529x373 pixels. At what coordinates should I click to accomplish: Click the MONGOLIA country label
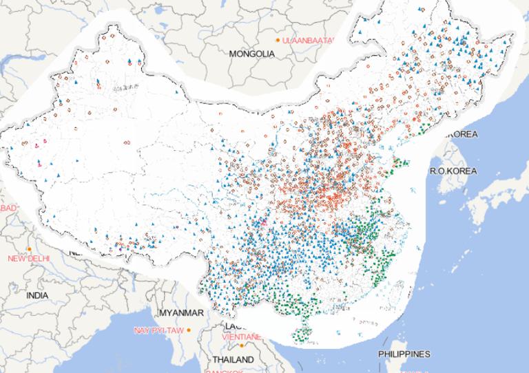(x=251, y=53)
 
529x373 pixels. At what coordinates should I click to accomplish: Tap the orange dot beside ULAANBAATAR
(x=278, y=41)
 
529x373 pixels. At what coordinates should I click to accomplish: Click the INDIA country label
(x=38, y=295)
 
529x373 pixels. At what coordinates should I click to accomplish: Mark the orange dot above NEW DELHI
(x=29, y=249)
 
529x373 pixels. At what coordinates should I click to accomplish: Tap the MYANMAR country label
(x=181, y=313)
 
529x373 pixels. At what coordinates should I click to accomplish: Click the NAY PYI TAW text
(x=158, y=330)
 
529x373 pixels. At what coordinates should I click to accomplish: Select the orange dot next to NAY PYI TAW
(x=189, y=330)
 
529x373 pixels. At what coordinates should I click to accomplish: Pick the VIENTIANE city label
(x=242, y=337)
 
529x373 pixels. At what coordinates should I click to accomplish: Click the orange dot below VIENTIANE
(x=242, y=345)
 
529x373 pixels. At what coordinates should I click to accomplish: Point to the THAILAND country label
(x=233, y=359)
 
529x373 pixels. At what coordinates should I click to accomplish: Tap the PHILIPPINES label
(x=404, y=354)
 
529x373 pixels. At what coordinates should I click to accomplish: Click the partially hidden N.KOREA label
(x=460, y=134)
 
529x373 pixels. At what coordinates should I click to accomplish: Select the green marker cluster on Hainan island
(x=302, y=335)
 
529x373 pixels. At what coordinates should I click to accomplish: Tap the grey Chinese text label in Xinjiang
(x=126, y=87)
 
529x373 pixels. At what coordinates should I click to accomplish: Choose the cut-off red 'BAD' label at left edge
(x=8, y=209)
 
